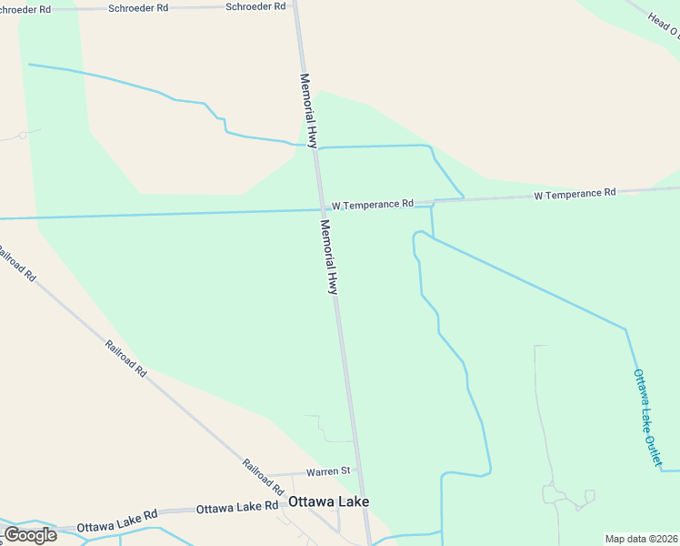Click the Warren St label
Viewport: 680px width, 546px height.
(x=328, y=471)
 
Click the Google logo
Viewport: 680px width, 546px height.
(x=30, y=534)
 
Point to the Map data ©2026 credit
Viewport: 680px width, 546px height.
(x=641, y=539)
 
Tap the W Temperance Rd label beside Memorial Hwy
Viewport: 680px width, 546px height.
(x=373, y=204)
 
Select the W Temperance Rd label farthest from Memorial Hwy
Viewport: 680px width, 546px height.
(x=575, y=193)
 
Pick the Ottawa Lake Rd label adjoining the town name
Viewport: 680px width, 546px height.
(x=237, y=506)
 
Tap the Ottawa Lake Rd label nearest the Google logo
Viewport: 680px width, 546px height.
(x=117, y=526)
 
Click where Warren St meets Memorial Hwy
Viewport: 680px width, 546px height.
(x=360, y=471)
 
